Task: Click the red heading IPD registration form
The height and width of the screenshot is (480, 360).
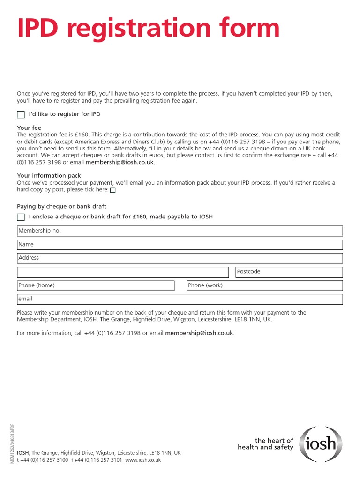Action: (x=148, y=29)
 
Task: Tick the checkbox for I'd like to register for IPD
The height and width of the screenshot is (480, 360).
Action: (x=21, y=115)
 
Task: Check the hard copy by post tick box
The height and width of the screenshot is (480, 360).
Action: (x=112, y=190)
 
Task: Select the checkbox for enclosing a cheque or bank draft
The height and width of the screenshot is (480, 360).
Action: (x=21, y=217)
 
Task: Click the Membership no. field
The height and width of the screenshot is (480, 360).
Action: (x=180, y=231)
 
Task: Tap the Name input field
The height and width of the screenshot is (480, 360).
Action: (x=180, y=245)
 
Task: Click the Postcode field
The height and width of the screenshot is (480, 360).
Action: (x=286, y=272)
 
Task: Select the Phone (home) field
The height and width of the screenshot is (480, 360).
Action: (x=96, y=285)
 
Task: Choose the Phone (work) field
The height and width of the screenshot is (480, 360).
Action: (x=264, y=285)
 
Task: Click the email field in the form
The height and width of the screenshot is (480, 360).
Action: (x=180, y=299)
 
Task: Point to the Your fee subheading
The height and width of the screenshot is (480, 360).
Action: (x=29, y=128)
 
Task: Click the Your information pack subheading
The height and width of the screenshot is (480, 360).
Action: (x=49, y=176)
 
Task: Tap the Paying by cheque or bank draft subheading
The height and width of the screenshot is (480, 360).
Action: (x=61, y=206)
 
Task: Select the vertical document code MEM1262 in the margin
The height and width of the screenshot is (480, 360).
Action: (x=12, y=442)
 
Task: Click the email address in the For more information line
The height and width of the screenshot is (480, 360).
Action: (x=199, y=333)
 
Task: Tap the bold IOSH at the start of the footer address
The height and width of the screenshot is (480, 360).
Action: (x=22, y=453)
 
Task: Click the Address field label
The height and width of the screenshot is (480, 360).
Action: (x=29, y=258)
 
